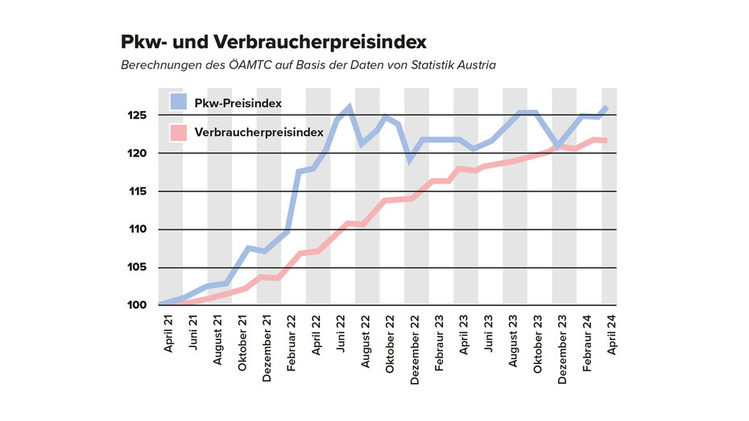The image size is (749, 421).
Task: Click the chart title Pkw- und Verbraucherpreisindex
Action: point(273,41)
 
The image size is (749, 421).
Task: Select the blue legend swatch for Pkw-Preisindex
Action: point(178,102)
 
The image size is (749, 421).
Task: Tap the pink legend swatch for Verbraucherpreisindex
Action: point(178,131)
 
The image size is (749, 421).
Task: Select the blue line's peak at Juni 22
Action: point(349,107)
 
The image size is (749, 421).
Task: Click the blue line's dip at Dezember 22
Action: point(411,159)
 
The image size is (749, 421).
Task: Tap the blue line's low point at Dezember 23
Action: point(558,147)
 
